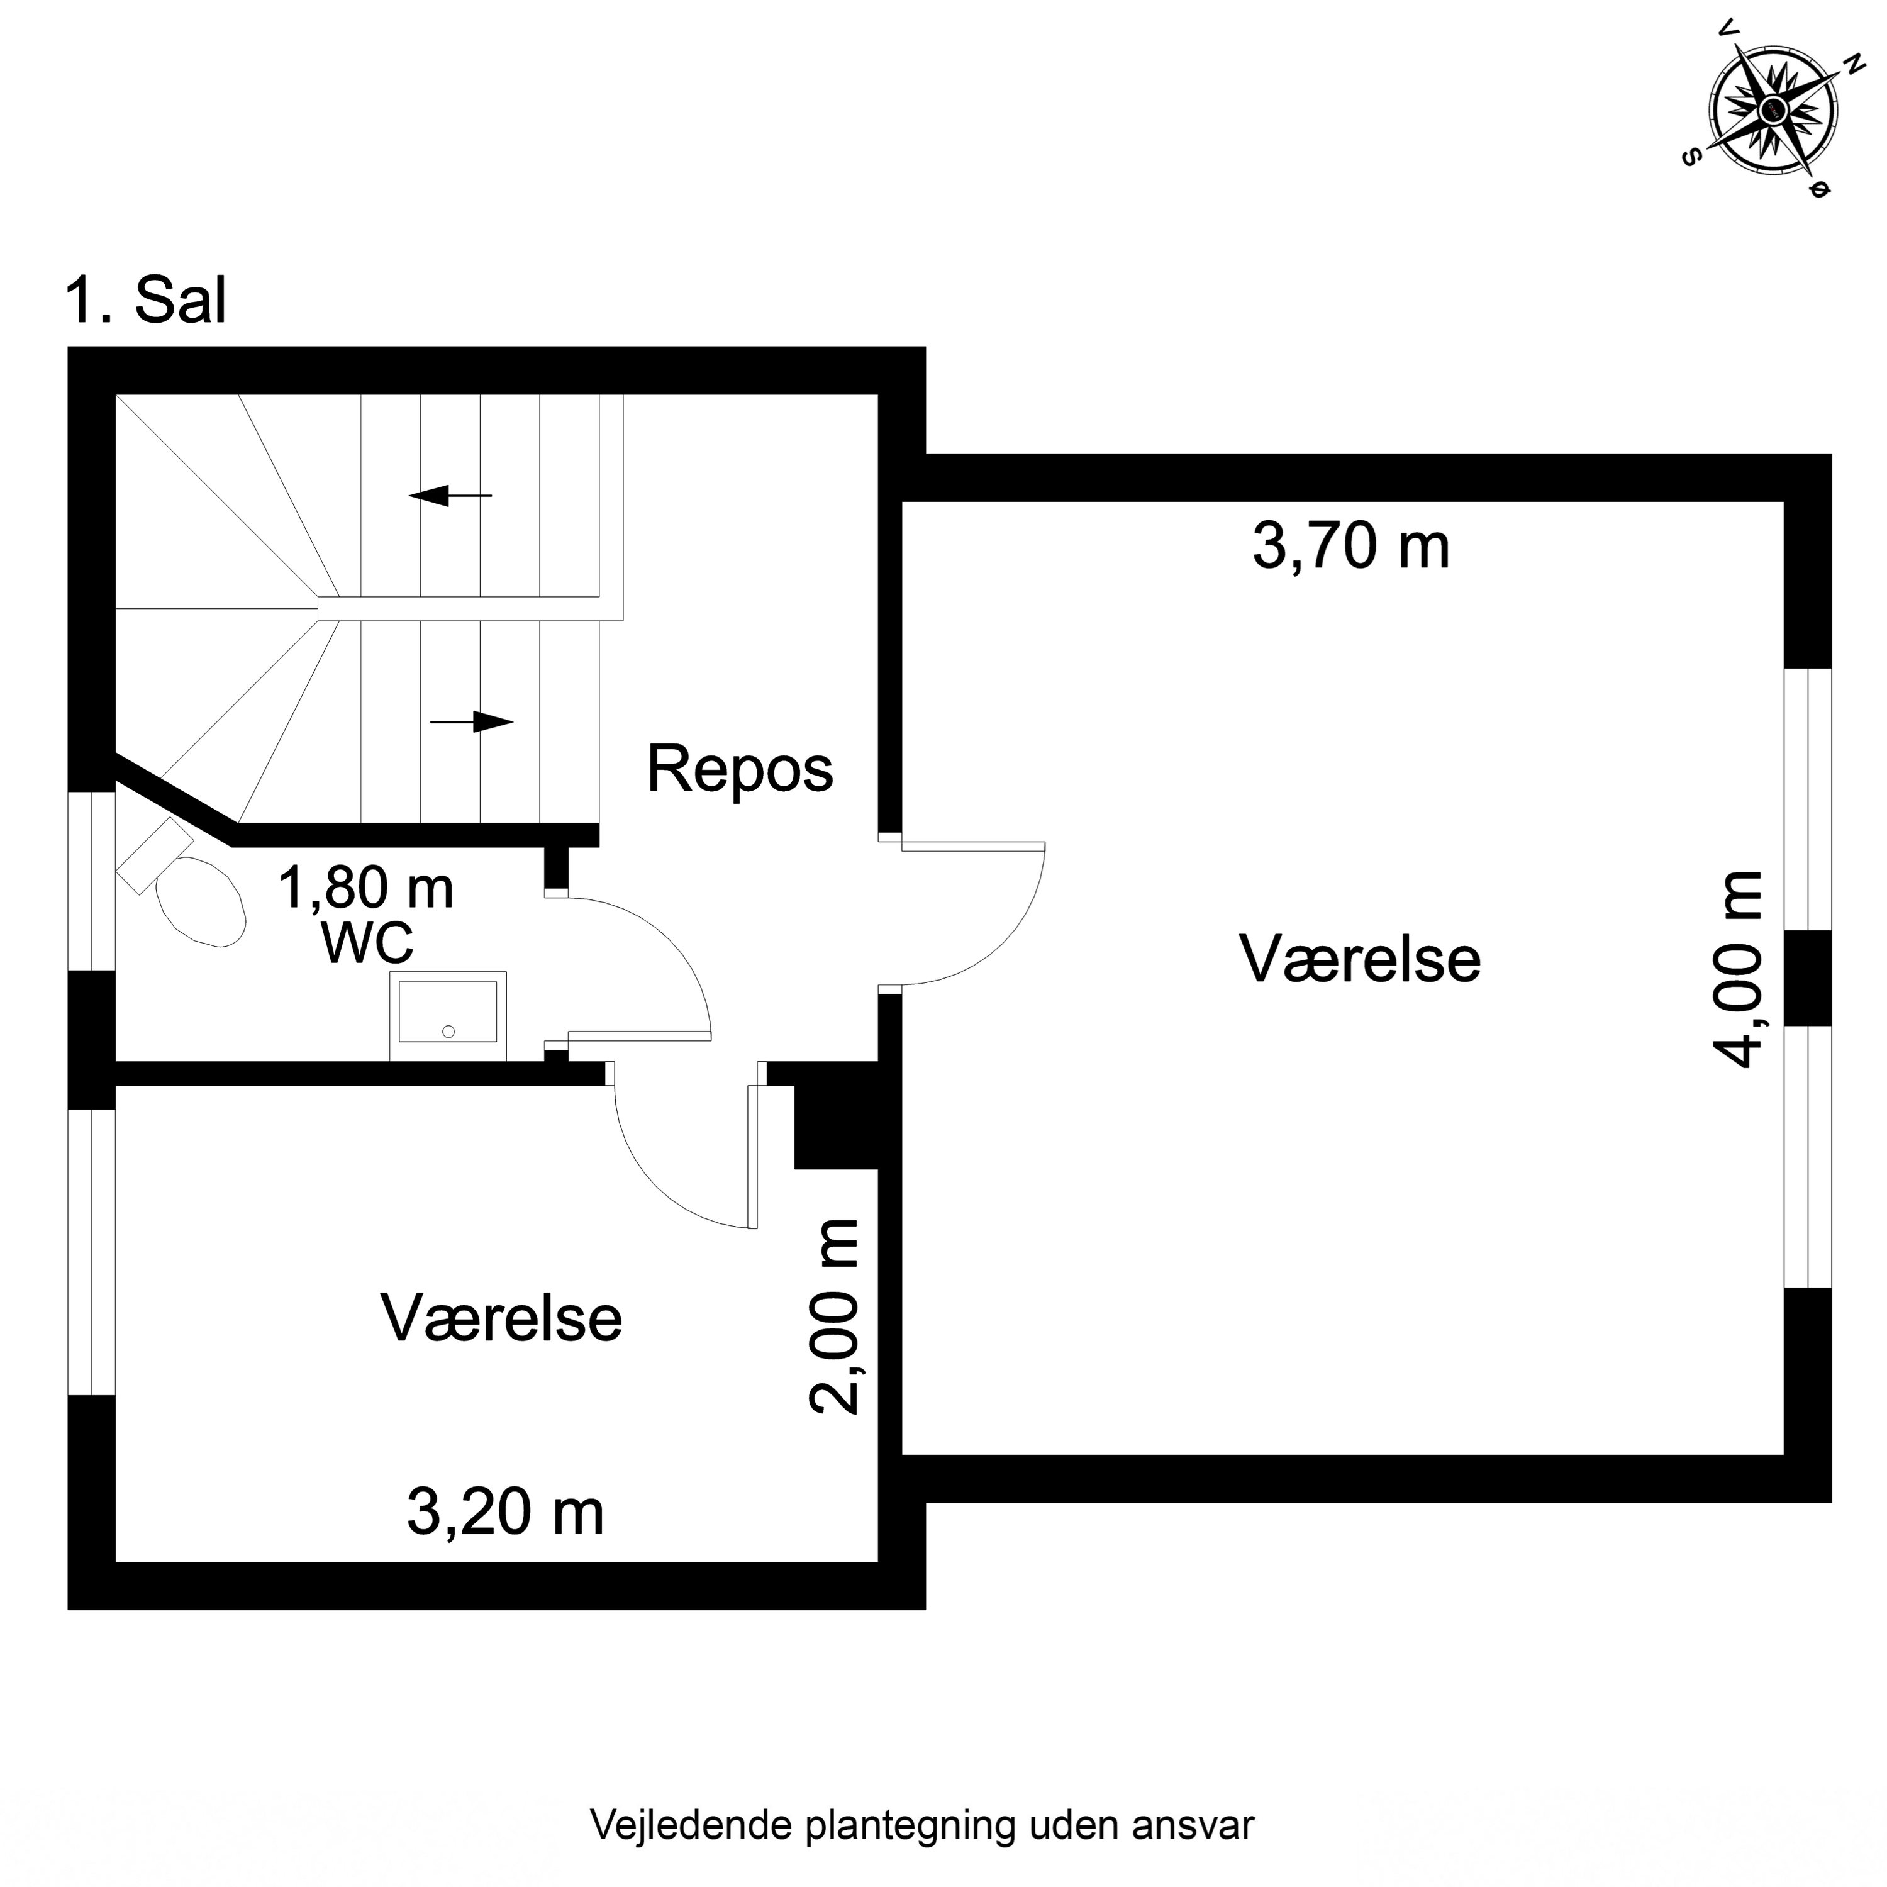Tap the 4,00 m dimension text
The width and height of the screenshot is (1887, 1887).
coord(1739,970)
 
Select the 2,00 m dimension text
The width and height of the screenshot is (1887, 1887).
coord(835,1316)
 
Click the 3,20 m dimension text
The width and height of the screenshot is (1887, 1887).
coord(505,1513)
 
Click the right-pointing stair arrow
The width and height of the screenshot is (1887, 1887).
coord(472,722)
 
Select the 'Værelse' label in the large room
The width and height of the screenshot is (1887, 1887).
coord(1359,959)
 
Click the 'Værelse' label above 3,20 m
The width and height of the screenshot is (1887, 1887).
coord(501,1318)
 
